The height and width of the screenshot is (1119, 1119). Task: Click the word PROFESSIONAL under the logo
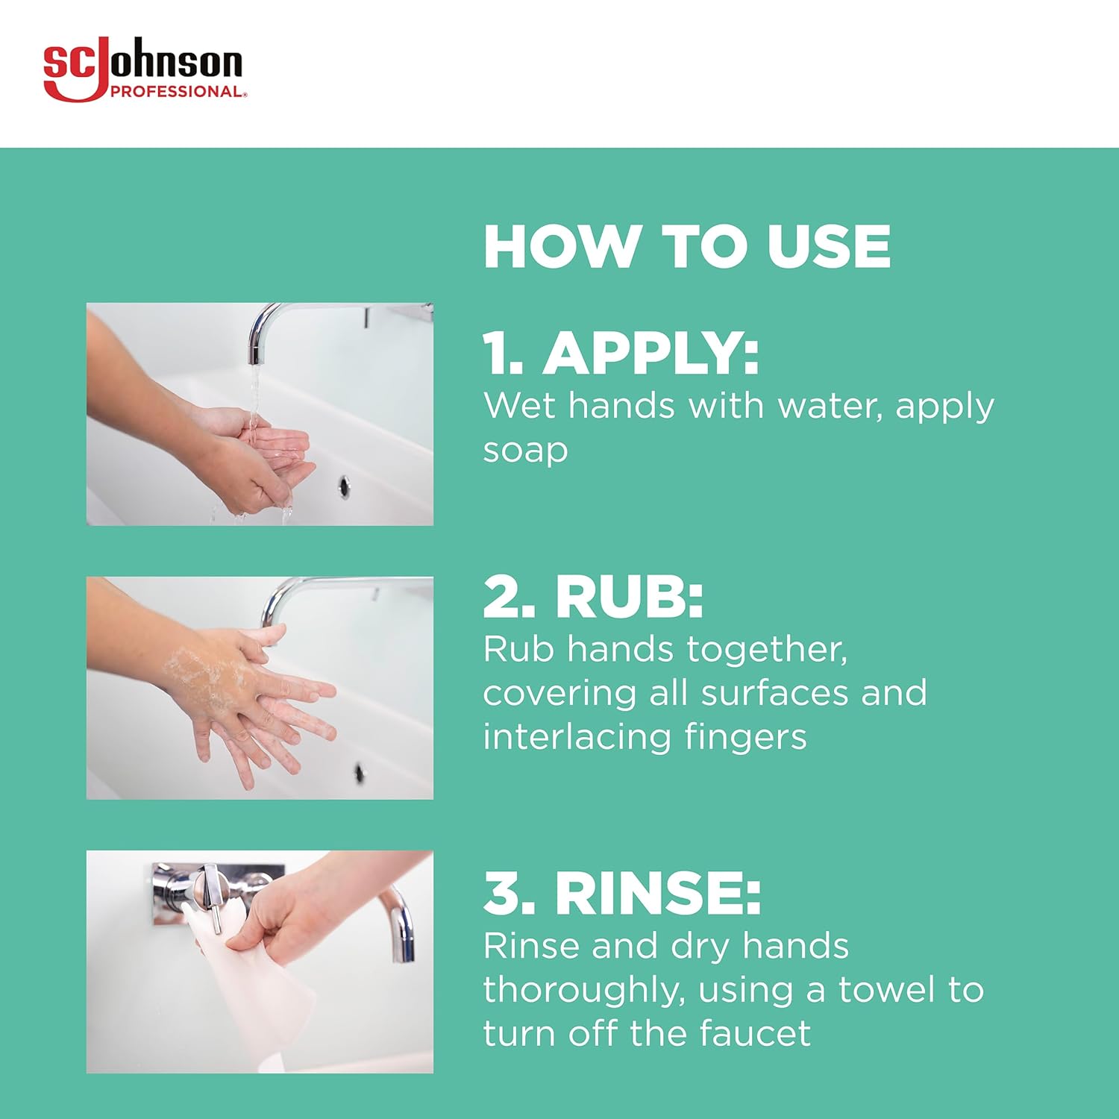pyautogui.click(x=176, y=92)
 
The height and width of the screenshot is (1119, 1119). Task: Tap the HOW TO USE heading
pyautogui.click(x=686, y=247)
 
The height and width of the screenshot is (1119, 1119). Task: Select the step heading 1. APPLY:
pyautogui.click(x=621, y=353)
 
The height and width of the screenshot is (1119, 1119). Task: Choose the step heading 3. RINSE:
pyautogui.click(x=621, y=893)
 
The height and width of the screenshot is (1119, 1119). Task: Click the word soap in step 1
pyautogui.click(x=525, y=451)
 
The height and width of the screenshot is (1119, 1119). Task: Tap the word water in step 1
pyautogui.click(x=830, y=407)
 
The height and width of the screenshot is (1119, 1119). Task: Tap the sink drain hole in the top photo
pyautogui.click(x=344, y=486)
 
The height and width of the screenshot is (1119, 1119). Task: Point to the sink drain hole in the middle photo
pyautogui.click(x=359, y=772)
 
